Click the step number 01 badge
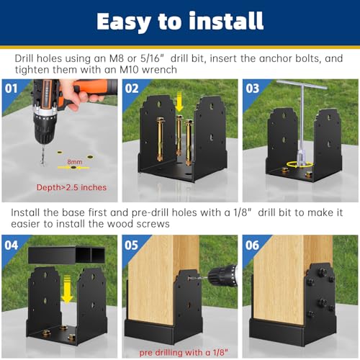(11, 89)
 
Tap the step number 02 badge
(132, 89)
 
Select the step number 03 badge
(252, 89)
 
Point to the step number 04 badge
(12, 245)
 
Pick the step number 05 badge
(131, 245)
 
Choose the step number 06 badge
(252, 245)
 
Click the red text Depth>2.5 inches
(71, 187)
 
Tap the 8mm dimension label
(75, 162)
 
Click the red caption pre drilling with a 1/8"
(184, 352)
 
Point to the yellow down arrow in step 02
(179, 102)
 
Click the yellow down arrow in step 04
(67, 289)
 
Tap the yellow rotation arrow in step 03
(300, 164)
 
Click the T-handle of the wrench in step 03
(302, 85)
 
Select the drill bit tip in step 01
(42, 165)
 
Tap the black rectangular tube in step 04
(66, 255)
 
